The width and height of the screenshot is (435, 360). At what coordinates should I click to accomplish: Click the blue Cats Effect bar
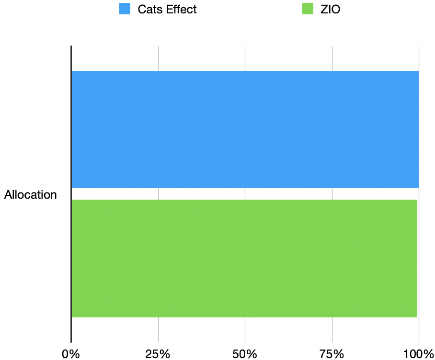point(245,129)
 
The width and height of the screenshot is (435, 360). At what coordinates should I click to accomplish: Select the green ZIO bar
point(244,259)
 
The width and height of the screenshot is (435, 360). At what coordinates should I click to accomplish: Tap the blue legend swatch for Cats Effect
point(125,9)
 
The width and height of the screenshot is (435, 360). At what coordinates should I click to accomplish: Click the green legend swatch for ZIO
point(308,9)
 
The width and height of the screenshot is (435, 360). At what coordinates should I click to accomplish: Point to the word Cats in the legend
point(149,9)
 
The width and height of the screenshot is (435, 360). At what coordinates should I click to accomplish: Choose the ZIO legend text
point(330,9)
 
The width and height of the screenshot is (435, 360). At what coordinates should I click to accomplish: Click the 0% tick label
point(71,354)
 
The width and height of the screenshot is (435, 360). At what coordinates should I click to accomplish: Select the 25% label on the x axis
point(158,354)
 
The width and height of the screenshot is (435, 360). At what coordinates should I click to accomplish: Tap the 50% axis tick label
point(245,354)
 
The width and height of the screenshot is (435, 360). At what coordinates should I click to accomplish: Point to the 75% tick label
point(332,354)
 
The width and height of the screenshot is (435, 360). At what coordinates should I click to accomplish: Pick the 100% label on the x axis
point(418,354)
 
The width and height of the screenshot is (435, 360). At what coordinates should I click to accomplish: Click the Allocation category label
point(31,195)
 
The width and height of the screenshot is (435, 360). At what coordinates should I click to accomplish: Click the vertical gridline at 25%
point(158,57)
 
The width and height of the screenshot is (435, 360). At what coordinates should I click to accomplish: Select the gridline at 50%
point(245,57)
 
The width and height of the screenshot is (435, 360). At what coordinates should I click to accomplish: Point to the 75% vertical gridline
point(332,57)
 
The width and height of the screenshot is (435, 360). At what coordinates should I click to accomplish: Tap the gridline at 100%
point(419,57)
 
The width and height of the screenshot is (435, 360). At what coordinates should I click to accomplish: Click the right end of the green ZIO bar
point(416,259)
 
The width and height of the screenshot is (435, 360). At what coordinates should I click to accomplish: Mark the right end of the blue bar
point(418,129)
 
